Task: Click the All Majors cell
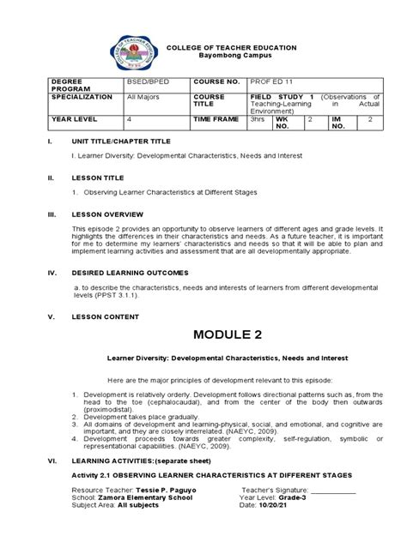(139, 98)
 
